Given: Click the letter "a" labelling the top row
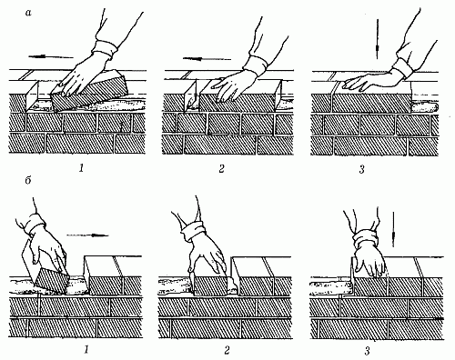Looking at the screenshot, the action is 28,14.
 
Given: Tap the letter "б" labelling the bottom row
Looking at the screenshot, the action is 28,182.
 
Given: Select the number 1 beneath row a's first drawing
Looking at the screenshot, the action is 81,168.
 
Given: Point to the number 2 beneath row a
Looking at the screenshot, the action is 221,168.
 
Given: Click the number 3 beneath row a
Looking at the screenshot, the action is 361,169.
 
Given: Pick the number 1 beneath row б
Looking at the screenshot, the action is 86,350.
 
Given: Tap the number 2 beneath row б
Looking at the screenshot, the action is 227,350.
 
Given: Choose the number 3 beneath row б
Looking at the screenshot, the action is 368,351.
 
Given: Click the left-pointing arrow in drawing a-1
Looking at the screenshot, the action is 51,56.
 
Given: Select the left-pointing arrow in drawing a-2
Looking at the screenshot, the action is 207,59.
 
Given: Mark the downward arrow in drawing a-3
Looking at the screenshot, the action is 377,39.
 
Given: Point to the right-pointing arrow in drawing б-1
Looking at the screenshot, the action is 87,235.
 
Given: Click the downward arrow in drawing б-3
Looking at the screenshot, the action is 393,229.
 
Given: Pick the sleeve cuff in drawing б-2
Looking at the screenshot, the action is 193,231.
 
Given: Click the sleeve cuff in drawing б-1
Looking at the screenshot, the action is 36,225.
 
